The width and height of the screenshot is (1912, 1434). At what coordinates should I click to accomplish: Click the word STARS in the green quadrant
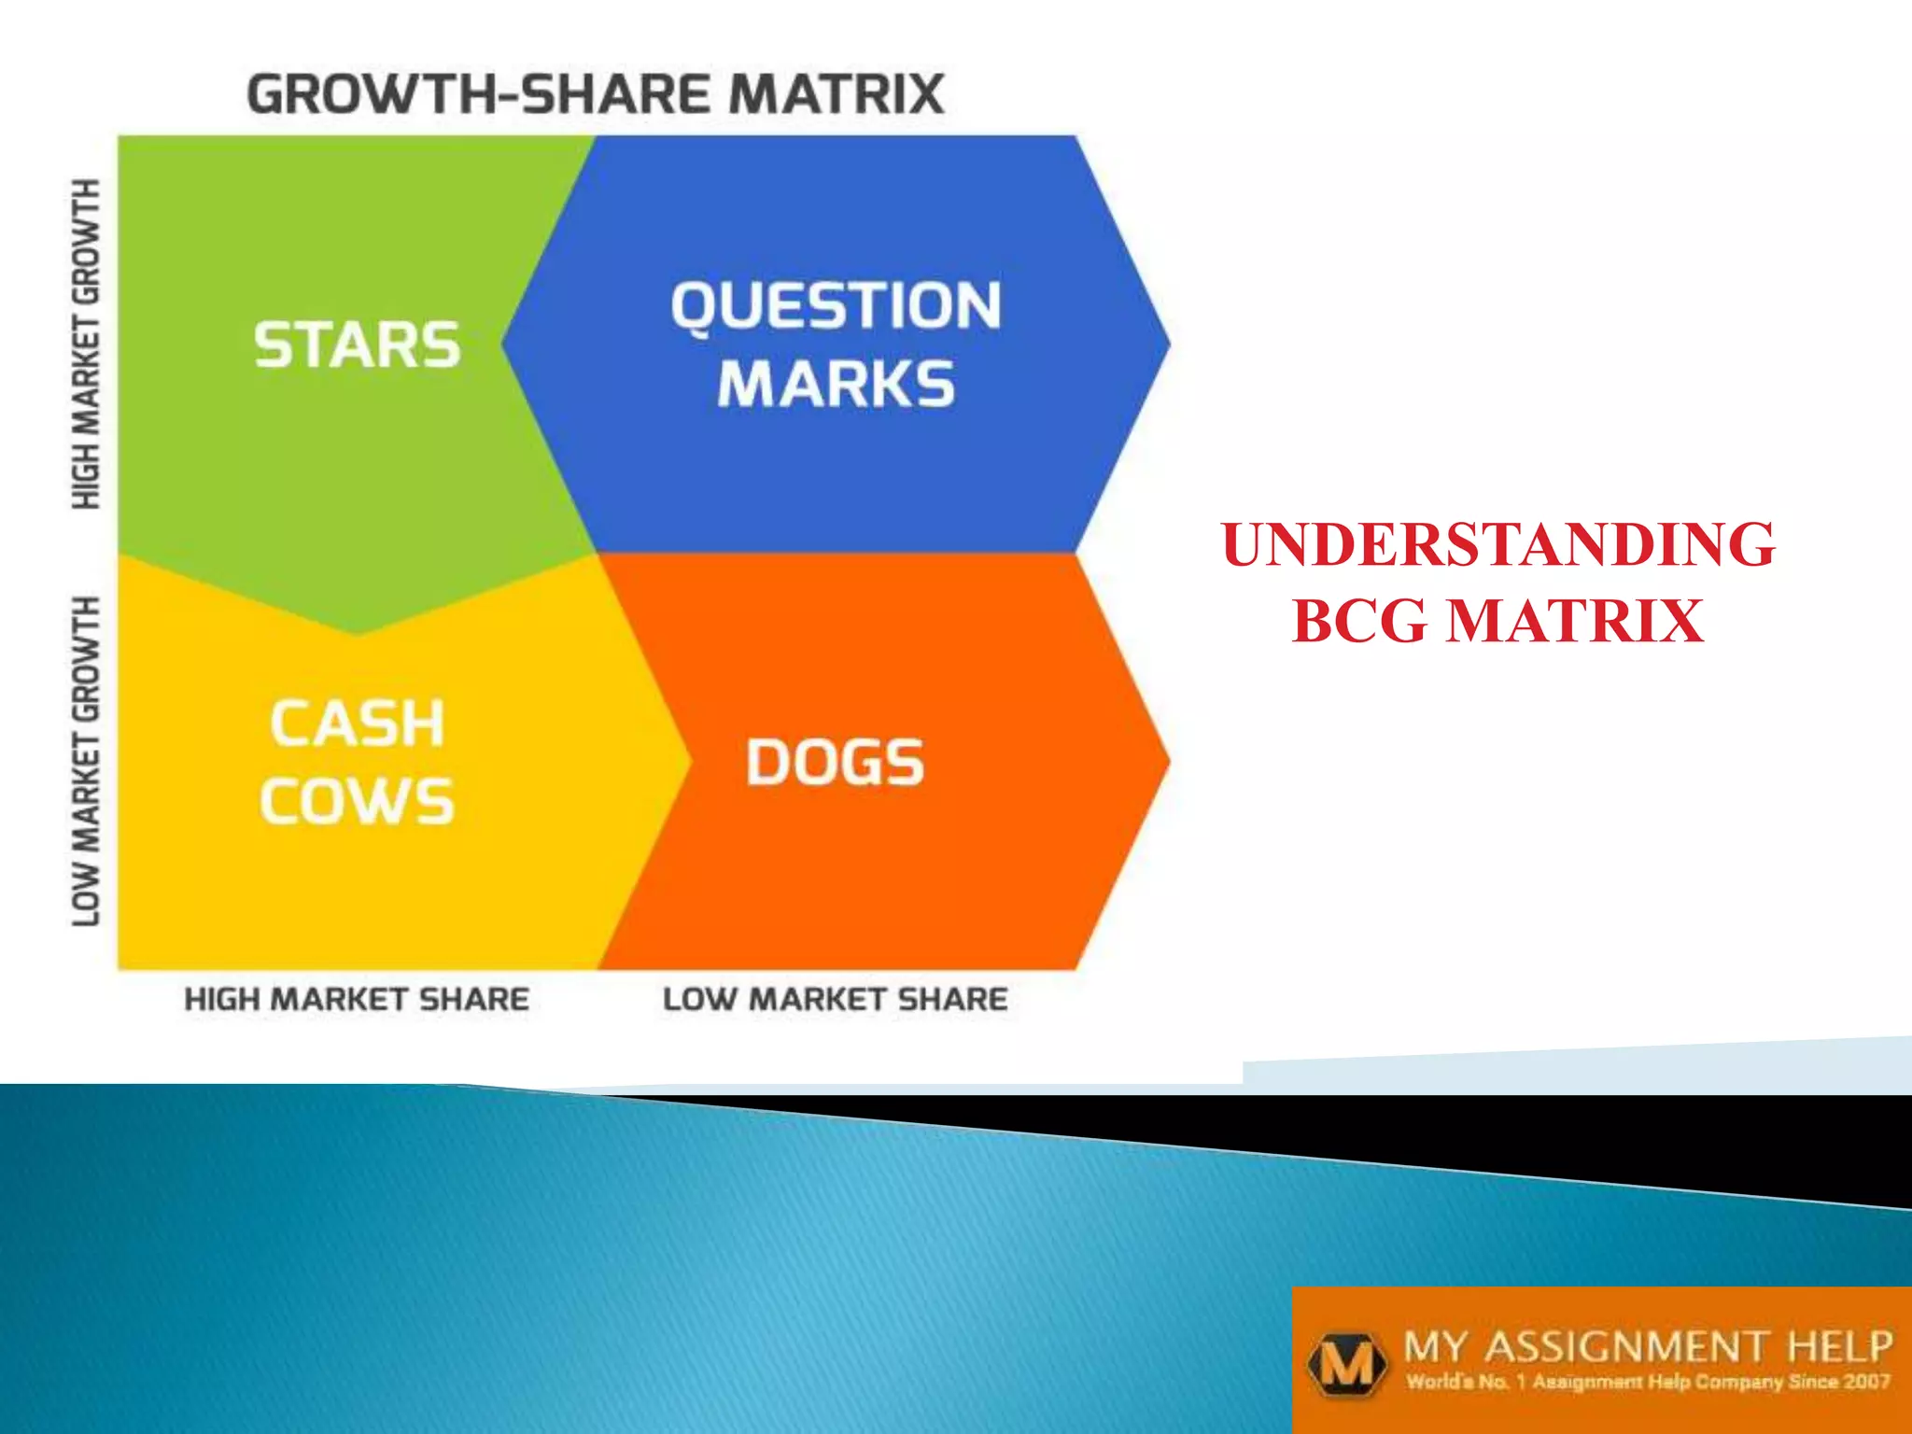[358, 344]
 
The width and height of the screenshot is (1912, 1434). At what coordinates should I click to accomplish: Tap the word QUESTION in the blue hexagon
[836, 306]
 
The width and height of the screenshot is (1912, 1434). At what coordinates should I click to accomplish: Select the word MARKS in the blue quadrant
[836, 385]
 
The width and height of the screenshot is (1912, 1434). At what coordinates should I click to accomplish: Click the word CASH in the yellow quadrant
[358, 724]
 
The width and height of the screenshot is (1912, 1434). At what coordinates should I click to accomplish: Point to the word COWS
[358, 801]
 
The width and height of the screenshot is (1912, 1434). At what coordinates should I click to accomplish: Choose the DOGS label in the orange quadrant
[835, 763]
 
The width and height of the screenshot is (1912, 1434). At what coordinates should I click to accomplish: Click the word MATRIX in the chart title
[836, 94]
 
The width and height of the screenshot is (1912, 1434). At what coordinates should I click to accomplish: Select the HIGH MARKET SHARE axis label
[357, 999]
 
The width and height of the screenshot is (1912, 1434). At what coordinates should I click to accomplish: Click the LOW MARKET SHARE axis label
[836, 999]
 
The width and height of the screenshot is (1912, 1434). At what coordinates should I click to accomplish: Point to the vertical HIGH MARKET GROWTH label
[86, 344]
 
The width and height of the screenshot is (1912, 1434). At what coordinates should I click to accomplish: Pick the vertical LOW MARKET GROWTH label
[86, 761]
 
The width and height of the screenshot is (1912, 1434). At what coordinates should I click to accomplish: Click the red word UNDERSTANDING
[1497, 545]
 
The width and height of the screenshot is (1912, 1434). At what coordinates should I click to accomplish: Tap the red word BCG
[1359, 622]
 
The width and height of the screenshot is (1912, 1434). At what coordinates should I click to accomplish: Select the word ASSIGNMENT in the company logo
[1625, 1347]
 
